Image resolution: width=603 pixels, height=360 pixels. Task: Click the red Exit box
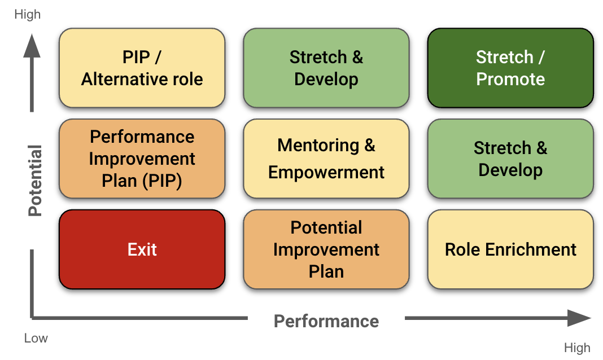(142, 249)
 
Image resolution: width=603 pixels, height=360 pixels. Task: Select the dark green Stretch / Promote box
(510, 68)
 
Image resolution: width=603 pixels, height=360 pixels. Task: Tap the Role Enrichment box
(510, 249)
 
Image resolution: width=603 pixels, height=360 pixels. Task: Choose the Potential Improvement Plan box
(326, 249)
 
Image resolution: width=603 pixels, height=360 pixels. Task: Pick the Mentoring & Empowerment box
(326, 159)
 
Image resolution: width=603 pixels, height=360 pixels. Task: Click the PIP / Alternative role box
(142, 68)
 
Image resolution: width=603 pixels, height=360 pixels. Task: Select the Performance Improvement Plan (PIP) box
(142, 159)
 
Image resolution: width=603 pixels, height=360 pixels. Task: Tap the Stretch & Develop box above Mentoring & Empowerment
(326, 68)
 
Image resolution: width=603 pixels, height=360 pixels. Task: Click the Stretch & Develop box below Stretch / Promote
(510, 159)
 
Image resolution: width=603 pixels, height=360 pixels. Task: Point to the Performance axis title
(326, 321)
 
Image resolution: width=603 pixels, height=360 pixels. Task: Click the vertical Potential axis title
(36, 181)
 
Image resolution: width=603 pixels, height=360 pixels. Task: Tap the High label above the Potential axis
(27, 15)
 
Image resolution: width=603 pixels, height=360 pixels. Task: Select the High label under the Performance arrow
(577, 348)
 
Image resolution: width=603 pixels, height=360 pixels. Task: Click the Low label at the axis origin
(36, 339)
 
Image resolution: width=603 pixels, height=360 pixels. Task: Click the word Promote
(510, 79)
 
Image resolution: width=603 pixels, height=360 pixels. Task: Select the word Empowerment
(326, 172)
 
